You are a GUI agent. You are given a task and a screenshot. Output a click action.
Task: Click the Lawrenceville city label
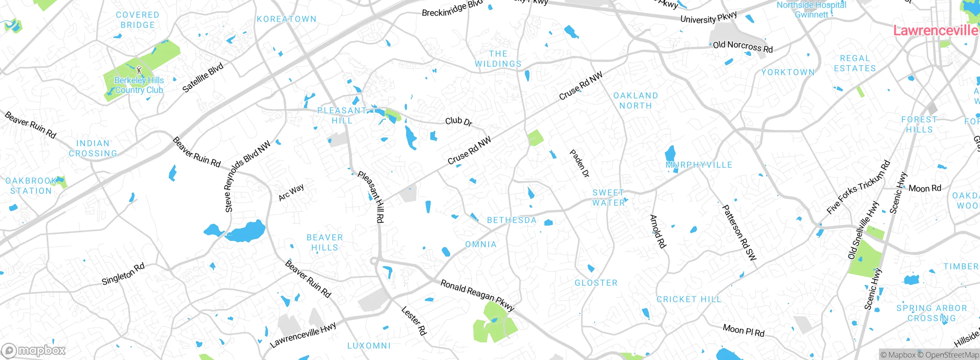pos(935,30)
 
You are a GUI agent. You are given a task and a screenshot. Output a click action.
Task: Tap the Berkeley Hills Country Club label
pos(139,85)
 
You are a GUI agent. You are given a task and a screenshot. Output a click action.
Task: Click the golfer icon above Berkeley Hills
pos(139,70)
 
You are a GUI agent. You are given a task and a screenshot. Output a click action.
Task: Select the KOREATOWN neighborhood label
pos(286,19)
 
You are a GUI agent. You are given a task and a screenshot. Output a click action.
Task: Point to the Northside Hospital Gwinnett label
pos(811,10)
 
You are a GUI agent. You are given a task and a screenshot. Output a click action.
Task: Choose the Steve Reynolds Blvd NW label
pos(247,177)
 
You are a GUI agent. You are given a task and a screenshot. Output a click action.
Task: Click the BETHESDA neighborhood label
pos(512,220)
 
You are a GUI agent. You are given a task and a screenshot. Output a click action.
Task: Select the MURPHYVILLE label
pos(699,165)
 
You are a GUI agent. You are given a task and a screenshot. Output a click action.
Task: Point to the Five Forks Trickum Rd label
pos(858,187)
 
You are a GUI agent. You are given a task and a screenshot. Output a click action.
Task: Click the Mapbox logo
pos(34,350)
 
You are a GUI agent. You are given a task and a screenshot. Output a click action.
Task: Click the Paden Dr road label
pos(580,163)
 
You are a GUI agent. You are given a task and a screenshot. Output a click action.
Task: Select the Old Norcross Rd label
pos(743,47)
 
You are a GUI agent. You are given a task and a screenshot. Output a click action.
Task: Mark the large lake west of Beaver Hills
pos(245,232)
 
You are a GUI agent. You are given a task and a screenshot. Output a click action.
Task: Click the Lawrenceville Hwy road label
pos(303,335)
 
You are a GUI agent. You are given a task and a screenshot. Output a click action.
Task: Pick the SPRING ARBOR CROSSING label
pos(931,313)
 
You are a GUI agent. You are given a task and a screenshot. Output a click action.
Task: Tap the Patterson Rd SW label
pos(739,232)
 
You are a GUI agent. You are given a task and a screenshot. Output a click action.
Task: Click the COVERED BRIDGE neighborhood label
pos(137,20)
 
